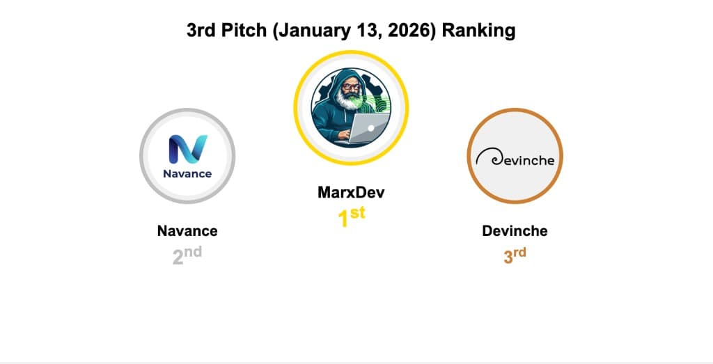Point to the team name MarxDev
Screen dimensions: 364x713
click(350, 192)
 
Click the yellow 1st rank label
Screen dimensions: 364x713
click(351, 217)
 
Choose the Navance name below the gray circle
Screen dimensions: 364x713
click(187, 231)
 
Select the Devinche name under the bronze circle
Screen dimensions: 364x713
click(515, 231)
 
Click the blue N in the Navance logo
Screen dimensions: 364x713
click(188, 149)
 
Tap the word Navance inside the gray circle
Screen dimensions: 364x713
click(187, 173)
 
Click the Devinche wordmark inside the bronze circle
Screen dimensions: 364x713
click(522, 160)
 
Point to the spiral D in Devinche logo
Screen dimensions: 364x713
click(483, 159)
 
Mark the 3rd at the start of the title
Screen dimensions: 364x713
click(201, 31)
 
